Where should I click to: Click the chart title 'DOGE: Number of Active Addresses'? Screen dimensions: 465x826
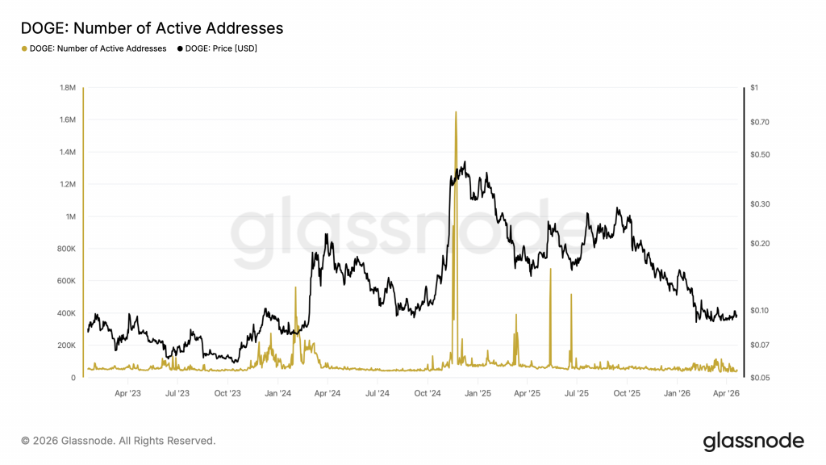[x=152, y=28]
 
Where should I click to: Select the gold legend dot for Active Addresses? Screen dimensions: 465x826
[x=23, y=48]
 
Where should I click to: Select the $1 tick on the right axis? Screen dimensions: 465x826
[x=755, y=87]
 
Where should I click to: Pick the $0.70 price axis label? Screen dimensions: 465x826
[x=761, y=122]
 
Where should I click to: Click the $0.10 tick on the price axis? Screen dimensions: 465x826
[x=761, y=310]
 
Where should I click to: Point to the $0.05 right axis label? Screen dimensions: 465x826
[x=761, y=378]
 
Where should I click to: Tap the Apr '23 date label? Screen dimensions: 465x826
[x=127, y=394]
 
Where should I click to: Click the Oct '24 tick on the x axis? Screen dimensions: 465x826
[x=427, y=394]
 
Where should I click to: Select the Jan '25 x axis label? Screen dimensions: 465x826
[x=478, y=394]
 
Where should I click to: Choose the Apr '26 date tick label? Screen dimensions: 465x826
[x=728, y=394]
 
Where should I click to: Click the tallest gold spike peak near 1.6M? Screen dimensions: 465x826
[x=456, y=112]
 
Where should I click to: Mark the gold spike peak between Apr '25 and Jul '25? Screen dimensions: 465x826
[x=550, y=269]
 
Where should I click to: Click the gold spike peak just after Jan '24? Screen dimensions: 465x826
[x=295, y=287]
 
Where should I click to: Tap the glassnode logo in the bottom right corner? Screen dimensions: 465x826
[x=753, y=441]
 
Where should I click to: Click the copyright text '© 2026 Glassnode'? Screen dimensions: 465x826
[x=119, y=441]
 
